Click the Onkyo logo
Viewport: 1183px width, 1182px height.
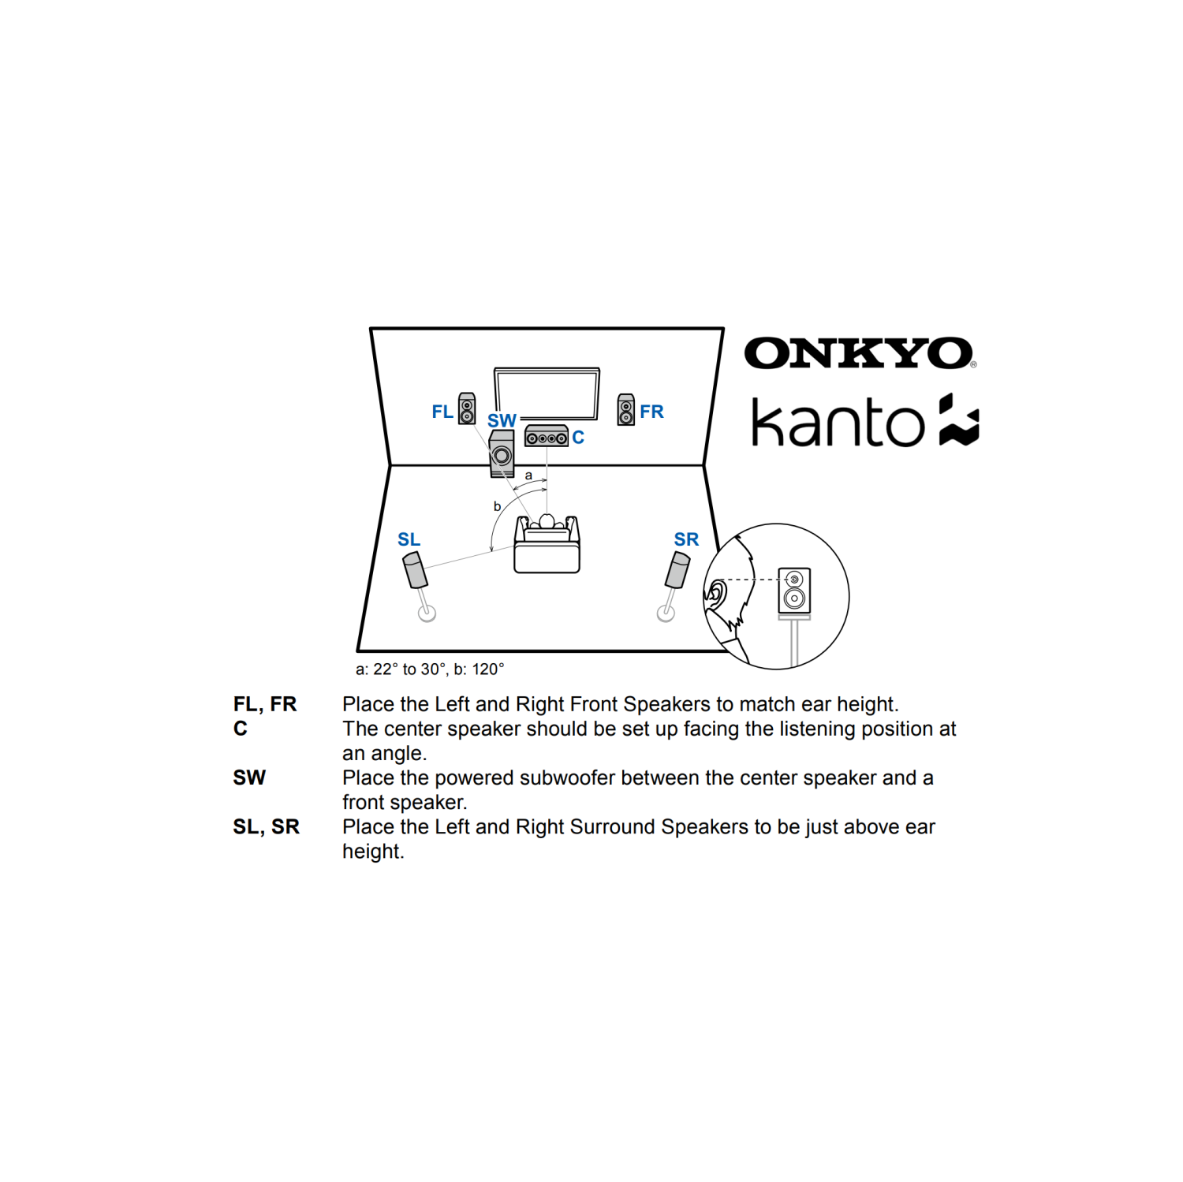click(860, 353)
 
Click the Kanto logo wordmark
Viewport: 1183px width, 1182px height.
click(838, 423)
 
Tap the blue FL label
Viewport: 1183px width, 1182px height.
click(442, 412)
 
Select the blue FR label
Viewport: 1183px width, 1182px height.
click(651, 412)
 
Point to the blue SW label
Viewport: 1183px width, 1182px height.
click(502, 421)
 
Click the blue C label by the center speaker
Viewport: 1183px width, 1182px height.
click(578, 438)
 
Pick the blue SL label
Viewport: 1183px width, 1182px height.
click(409, 539)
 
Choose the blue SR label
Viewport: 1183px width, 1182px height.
click(686, 539)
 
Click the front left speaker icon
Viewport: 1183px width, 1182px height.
click(467, 408)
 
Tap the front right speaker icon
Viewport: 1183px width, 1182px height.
click(626, 409)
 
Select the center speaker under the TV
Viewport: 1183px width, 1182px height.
click(547, 436)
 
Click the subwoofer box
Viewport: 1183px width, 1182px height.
click(502, 454)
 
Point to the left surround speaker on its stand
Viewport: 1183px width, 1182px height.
click(416, 571)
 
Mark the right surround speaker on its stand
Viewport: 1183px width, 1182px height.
click(677, 571)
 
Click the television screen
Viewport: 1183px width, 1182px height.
click(547, 392)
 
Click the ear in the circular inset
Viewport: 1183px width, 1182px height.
click(716, 593)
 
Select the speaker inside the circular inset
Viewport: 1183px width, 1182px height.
click(794, 590)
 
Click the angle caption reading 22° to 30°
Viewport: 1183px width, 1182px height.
click(430, 669)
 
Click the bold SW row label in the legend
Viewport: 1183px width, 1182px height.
click(249, 777)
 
